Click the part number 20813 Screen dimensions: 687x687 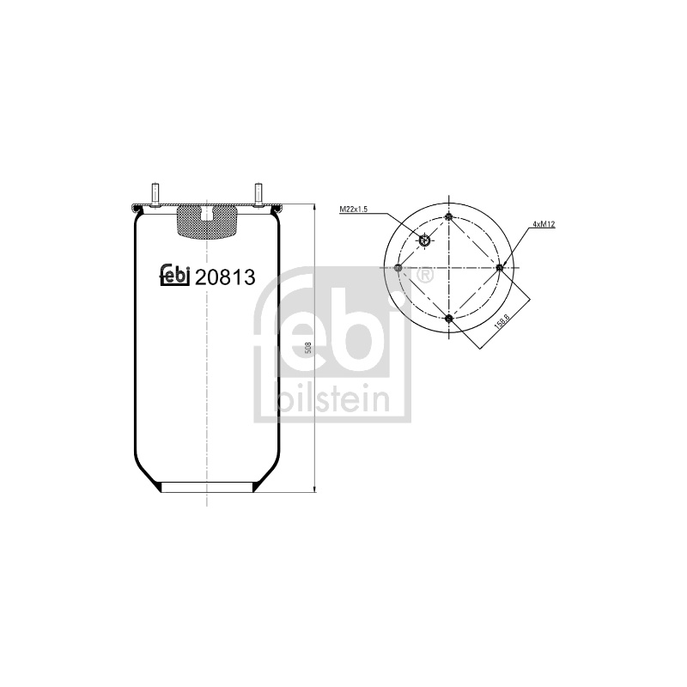(x=225, y=277)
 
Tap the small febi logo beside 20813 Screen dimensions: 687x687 (x=175, y=276)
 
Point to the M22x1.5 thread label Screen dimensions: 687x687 (x=353, y=210)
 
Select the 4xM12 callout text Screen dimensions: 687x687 (x=544, y=224)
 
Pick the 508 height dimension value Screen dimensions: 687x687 (x=308, y=348)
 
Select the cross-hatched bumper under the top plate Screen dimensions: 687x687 (x=206, y=223)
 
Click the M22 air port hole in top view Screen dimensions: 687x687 (x=424, y=240)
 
